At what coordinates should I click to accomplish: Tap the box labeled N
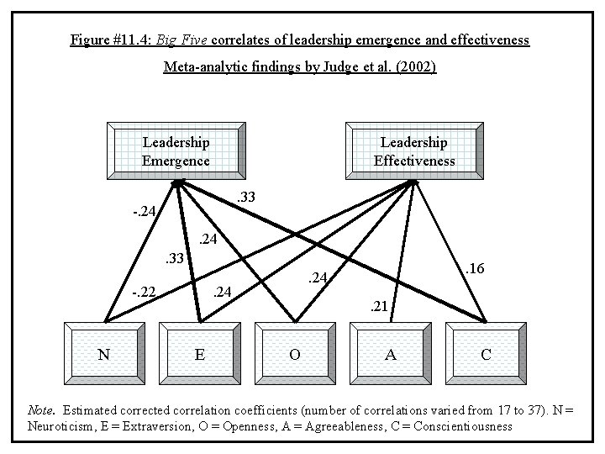click(104, 354)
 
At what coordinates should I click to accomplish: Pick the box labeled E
click(199, 354)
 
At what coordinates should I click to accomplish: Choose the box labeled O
click(295, 354)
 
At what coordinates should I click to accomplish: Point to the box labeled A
click(390, 354)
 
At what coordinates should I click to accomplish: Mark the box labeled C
click(486, 354)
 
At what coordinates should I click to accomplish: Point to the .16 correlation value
click(475, 269)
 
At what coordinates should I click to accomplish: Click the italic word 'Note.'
click(41, 410)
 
